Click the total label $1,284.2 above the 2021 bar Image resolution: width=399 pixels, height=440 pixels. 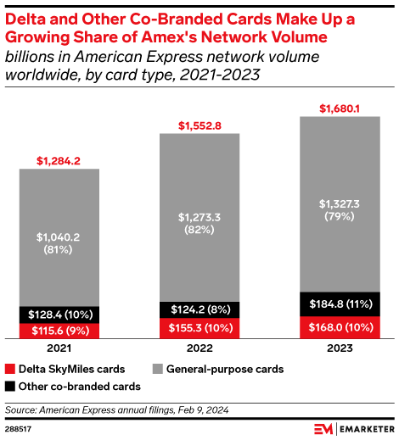[x=59, y=159]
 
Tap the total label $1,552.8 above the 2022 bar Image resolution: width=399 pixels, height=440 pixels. [x=199, y=125]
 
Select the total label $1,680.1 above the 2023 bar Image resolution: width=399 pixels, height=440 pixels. [x=340, y=108]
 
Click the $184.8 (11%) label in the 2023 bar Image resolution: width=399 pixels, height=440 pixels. [x=340, y=303]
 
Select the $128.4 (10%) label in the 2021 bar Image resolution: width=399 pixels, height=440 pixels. [x=59, y=314]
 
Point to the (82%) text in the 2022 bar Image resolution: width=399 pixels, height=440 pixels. [x=199, y=229]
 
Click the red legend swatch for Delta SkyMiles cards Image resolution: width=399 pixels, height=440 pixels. [x=9, y=370]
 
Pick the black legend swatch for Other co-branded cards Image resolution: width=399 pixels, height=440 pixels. [x=9, y=387]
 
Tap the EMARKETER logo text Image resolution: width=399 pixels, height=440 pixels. [x=362, y=429]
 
